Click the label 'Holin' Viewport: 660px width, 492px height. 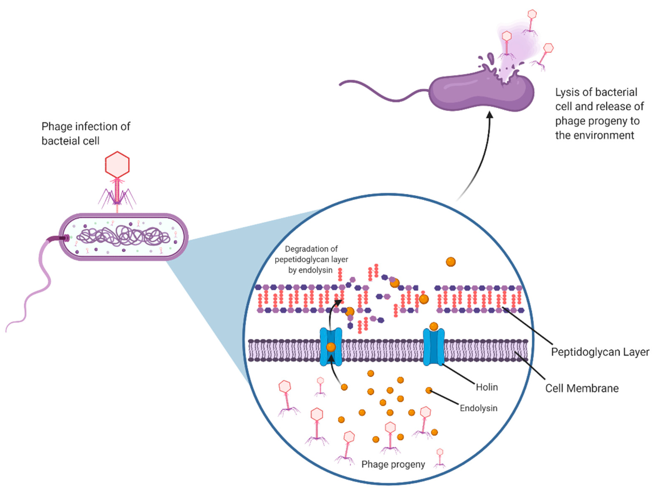point(487,387)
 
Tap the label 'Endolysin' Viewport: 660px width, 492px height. point(478,408)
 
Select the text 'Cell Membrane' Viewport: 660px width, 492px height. point(582,388)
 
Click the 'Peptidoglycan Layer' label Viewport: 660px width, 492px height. point(600,352)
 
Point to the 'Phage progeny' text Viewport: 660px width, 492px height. point(393,464)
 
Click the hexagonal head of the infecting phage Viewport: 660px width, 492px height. point(117,165)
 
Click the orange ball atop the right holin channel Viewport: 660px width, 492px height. point(434,326)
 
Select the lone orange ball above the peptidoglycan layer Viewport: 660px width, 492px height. point(451,262)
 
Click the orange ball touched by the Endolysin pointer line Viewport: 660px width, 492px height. point(428,390)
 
